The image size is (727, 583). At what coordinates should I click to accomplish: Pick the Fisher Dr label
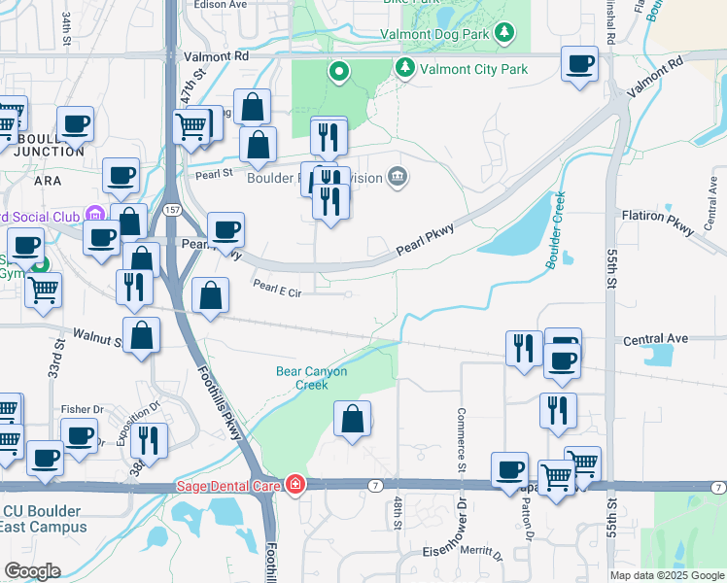pyautogui.click(x=82, y=409)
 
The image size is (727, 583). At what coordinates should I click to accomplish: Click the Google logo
pyautogui.click(x=31, y=571)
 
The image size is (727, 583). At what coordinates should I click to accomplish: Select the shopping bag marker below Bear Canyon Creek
pyautogui.click(x=353, y=420)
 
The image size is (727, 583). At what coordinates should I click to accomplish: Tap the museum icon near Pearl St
pyautogui.click(x=397, y=176)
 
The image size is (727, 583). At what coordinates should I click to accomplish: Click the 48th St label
pyautogui.click(x=398, y=513)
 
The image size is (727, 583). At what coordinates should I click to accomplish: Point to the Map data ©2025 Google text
pyautogui.click(x=668, y=575)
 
